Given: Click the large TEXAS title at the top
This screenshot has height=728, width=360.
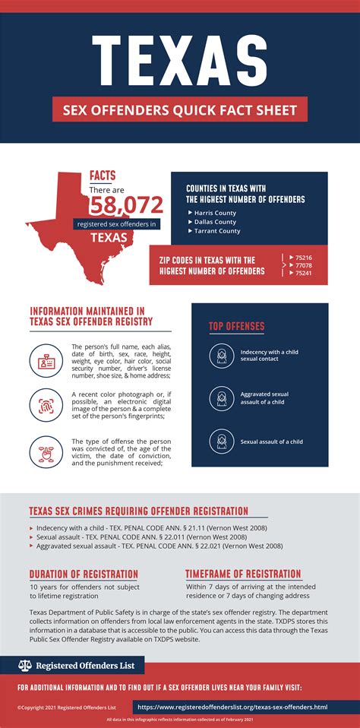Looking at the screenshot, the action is pos(179,57).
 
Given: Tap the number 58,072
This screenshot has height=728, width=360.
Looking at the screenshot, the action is pos(127,204).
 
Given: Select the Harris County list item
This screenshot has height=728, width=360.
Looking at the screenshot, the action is pos(215,213).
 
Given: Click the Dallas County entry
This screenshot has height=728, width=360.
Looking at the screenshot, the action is pos(215,222).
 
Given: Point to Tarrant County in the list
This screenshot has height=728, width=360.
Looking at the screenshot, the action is pos(217,231).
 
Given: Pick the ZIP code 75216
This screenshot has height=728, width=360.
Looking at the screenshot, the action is pos(303,258).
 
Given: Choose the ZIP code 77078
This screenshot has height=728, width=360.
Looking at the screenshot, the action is pos(303,265).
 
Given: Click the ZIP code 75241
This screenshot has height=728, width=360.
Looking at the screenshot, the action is pos(303,273).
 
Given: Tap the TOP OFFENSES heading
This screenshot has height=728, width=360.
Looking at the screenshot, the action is pos(236,327).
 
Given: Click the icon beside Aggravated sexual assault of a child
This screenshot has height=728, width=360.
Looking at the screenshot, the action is pos(221,397).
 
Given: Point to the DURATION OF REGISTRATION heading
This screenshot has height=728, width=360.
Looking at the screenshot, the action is pos(84,574).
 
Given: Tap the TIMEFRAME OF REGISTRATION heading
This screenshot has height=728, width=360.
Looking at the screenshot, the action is pos(243,574).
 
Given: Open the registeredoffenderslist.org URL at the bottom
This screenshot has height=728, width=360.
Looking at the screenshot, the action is pos(232,707).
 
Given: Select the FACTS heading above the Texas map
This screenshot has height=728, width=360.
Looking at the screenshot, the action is pos(103,175).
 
